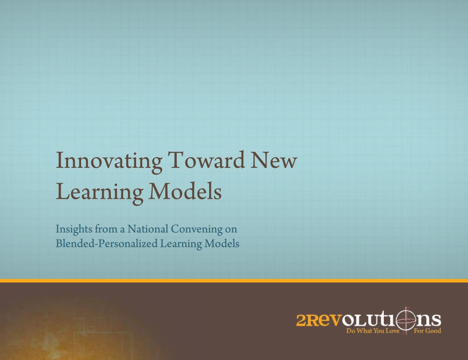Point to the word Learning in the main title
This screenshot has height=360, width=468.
(100, 193)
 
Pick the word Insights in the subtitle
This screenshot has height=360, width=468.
(74, 229)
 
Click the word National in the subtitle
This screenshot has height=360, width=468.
(148, 229)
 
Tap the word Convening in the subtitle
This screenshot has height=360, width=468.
(197, 229)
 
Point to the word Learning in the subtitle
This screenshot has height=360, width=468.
(181, 244)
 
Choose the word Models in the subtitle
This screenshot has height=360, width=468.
(222, 244)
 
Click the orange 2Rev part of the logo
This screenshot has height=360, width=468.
(318, 320)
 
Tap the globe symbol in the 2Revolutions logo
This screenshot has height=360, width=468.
(406, 320)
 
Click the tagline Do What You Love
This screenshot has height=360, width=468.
(373, 330)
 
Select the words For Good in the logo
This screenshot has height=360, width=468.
(427, 330)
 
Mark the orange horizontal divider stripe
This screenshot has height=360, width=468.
(234, 281)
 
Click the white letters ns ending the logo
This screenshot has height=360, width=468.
(429, 320)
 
